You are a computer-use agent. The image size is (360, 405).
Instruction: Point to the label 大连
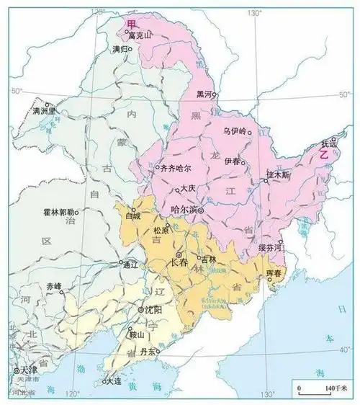click(x=113, y=381)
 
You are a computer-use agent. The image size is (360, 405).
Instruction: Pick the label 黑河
click(x=204, y=95)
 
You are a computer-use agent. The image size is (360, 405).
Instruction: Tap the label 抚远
click(x=328, y=146)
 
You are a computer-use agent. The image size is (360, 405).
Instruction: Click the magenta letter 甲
click(x=130, y=24)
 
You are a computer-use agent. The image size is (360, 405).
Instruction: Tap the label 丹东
click(x=148, y=351)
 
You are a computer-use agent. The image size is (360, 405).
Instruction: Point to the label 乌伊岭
click(x=235, y=130)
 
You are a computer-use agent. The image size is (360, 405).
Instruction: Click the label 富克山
click(x=140, y=34)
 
